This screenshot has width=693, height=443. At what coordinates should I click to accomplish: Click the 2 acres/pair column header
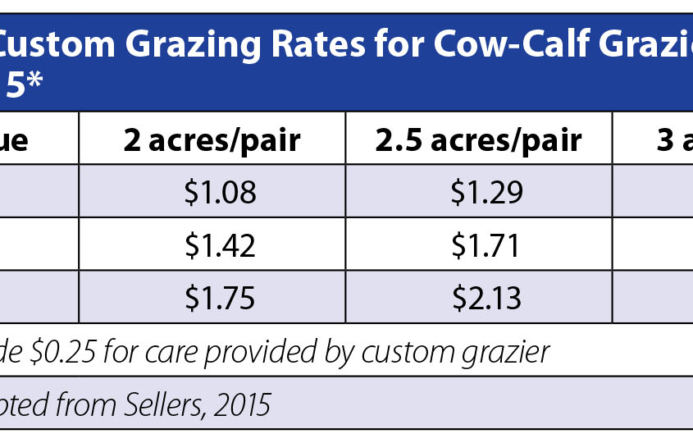tap(212, 141)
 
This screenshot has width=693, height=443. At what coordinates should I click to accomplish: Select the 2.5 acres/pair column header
tap(478, 141)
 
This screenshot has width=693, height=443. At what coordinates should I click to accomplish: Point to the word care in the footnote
tap(157, 352)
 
